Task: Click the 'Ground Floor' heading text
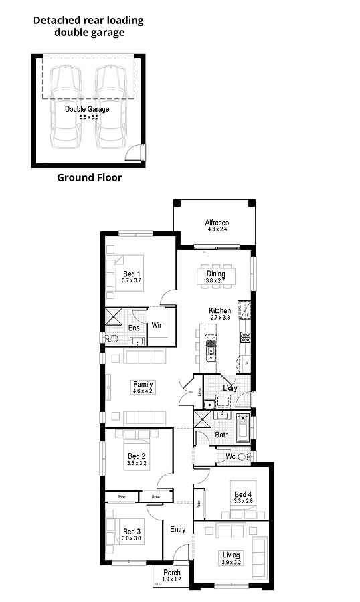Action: pos(89,177)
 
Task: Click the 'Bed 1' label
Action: pos(132,274)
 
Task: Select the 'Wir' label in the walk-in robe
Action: pos(157,326)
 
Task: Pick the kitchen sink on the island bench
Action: pos(212,347)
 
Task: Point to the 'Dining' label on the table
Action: pos(215,274)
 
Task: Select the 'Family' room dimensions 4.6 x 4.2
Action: pos(143,391)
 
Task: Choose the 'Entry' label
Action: pos(177,529)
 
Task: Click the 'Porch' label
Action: pos(172,573)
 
